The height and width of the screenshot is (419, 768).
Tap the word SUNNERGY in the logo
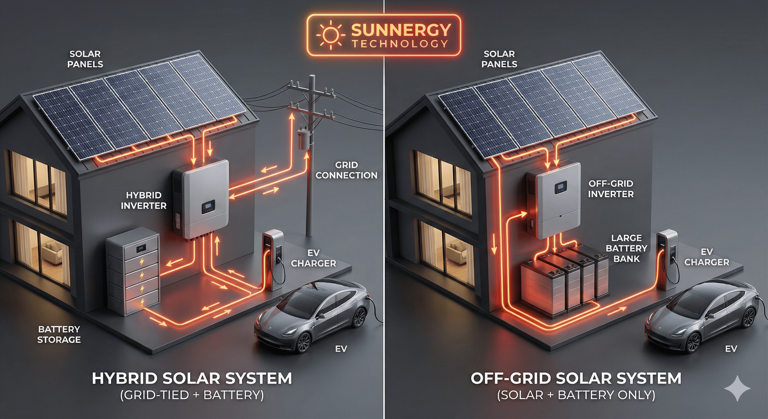(401, 29)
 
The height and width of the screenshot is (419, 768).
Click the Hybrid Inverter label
(143, 200)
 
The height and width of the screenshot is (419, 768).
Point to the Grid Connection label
(346, 170)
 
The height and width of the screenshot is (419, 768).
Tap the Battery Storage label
(59, 334)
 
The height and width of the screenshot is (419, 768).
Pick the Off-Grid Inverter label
(611, 189)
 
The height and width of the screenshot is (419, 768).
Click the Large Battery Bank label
(626, 248)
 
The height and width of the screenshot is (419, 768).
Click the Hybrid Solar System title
(192, 378)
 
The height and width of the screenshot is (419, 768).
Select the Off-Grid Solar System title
(576, 378)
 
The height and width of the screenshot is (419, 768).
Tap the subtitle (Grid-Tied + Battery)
(192, 396)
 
